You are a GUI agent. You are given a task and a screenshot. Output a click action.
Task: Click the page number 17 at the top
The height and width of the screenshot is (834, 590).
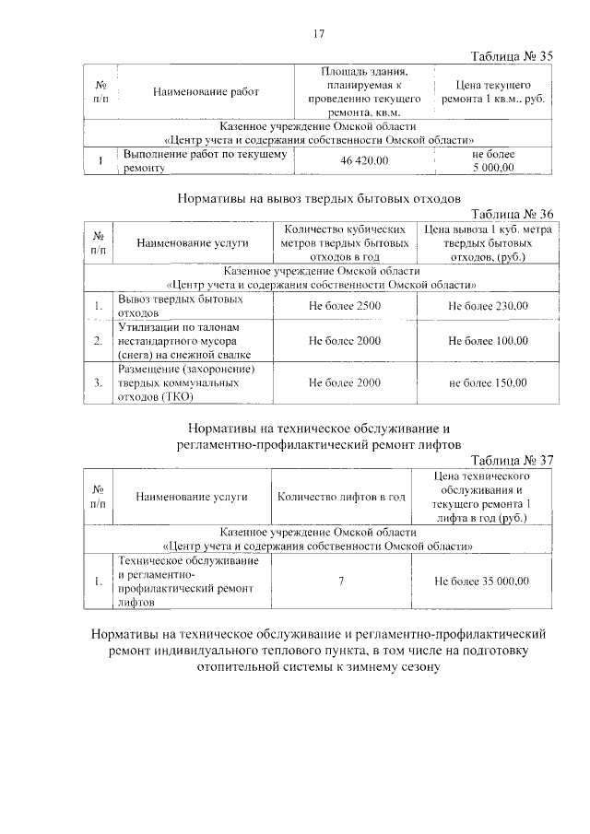pos(319,34)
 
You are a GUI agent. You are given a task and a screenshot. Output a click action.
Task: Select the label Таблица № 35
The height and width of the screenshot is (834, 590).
pos(511,56)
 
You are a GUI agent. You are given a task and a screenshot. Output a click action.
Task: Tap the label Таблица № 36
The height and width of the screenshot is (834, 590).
pos(511,213)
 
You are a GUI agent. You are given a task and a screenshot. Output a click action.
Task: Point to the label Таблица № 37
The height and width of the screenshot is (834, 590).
pos(511,461)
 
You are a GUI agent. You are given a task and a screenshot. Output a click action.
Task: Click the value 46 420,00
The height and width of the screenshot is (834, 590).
pos(365,161)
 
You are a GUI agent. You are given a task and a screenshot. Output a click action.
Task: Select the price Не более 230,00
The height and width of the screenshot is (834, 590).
pos(488,306)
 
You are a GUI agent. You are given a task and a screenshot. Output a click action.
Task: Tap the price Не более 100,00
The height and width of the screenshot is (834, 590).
pos(488,341)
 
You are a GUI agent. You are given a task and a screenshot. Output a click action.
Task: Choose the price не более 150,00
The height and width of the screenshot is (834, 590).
pos(488,382)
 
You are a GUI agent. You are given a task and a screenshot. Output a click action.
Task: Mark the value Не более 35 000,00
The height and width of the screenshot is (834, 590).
pos(483,581)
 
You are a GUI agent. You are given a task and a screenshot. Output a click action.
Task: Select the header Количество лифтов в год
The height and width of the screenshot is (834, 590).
pos(341,498)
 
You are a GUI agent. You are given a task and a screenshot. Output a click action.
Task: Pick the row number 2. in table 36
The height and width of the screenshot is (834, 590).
pos(98,341)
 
